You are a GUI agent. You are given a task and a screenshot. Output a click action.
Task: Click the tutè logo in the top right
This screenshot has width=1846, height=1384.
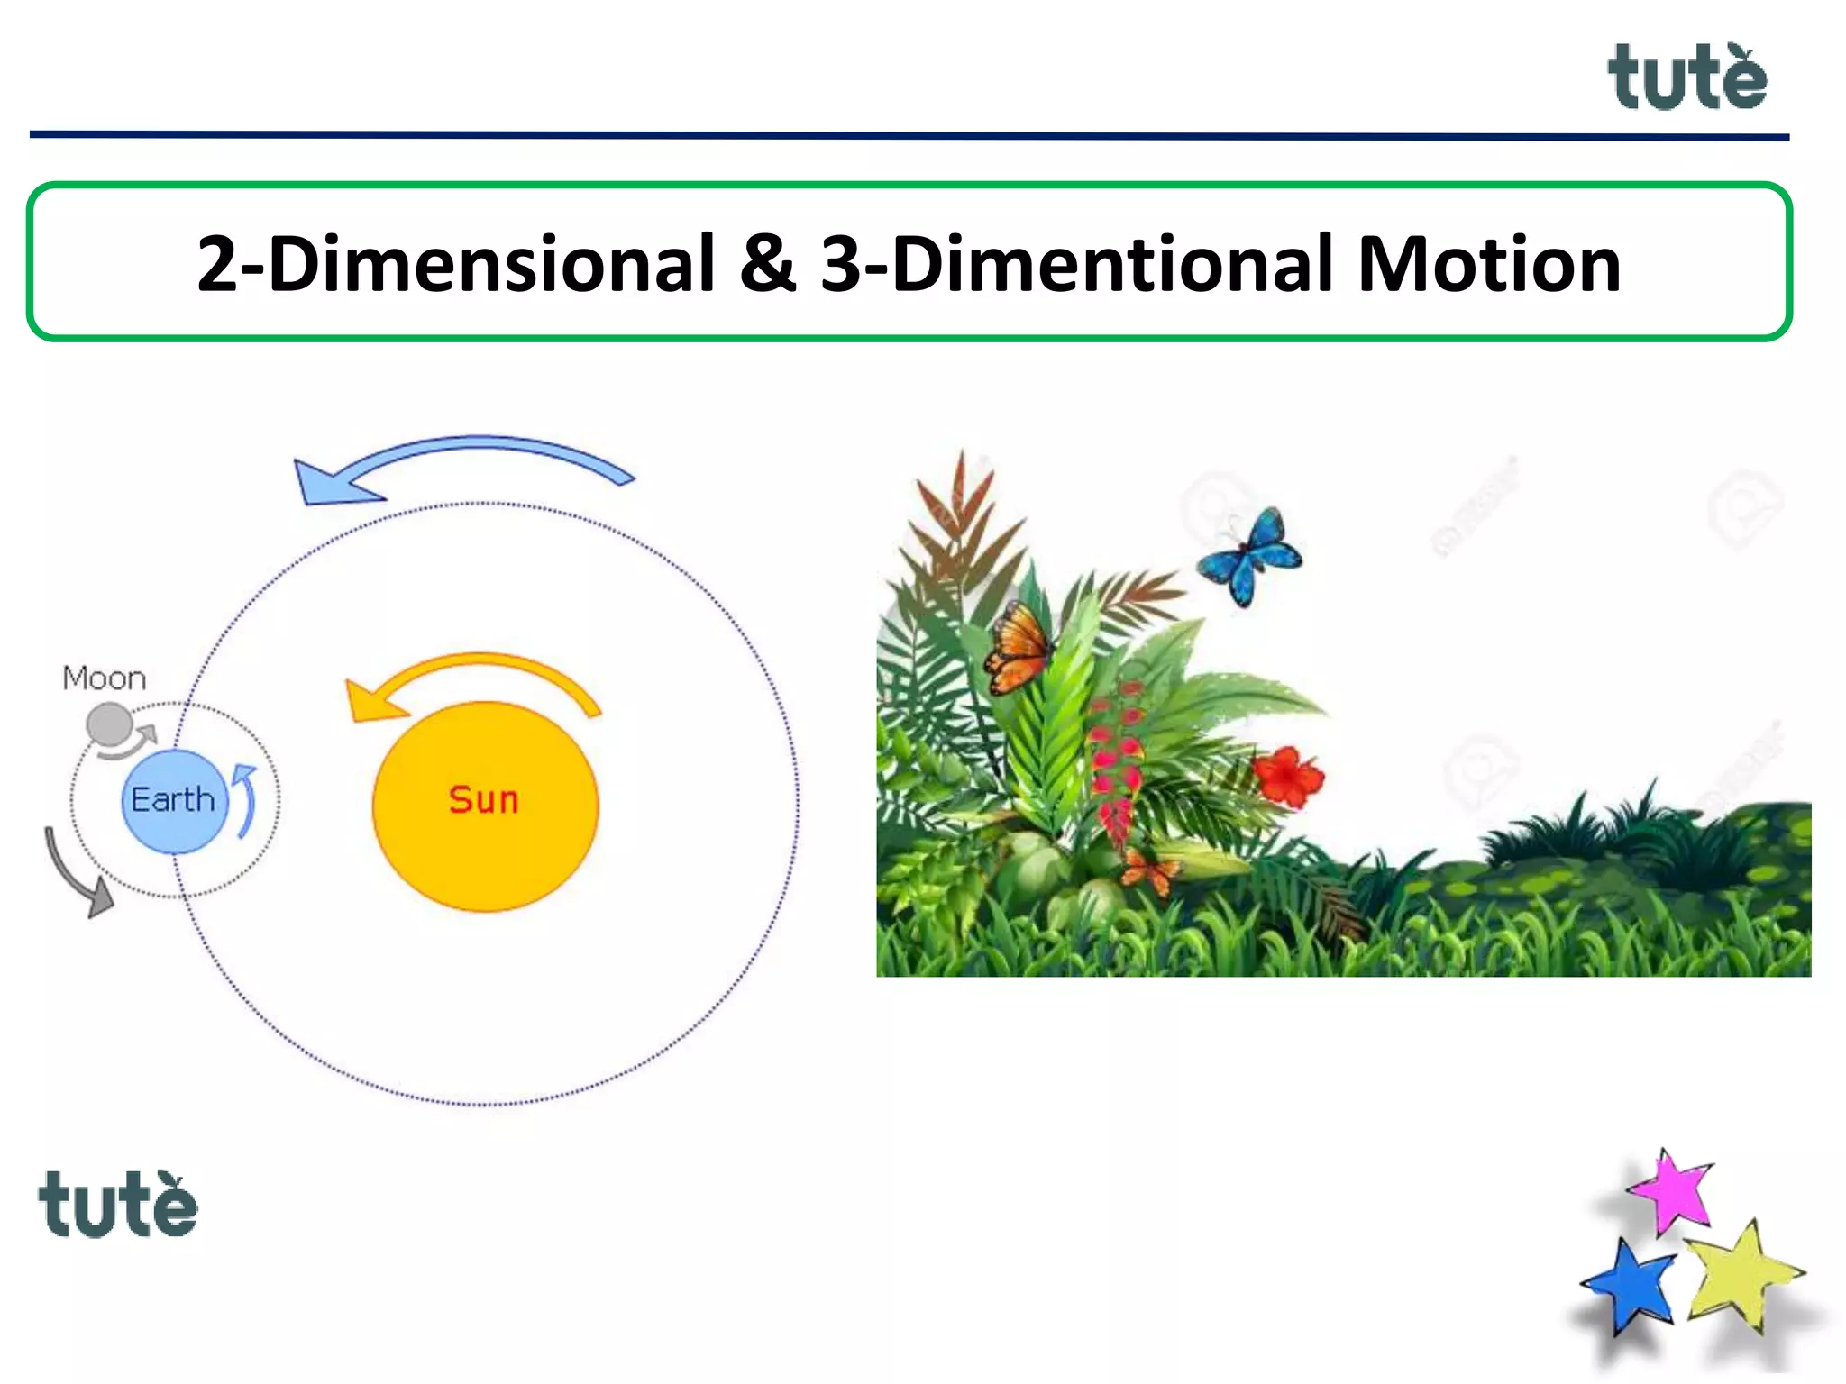coord(1686,78)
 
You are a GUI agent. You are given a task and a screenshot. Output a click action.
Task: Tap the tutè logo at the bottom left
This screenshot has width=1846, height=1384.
coord(117,1205)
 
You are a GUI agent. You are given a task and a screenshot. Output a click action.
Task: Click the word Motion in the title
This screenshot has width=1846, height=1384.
coord(1488,264)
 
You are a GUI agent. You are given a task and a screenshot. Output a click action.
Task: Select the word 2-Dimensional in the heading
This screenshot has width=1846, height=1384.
coord(455,264)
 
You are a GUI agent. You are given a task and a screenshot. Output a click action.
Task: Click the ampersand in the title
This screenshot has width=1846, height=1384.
coord(767,264)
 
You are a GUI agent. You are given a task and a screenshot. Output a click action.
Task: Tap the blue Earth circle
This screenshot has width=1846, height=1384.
coord(173,801)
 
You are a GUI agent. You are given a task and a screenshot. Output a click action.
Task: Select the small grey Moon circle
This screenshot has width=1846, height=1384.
coord(109,724)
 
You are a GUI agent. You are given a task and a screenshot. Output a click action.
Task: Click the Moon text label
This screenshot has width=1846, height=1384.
coord(104,678)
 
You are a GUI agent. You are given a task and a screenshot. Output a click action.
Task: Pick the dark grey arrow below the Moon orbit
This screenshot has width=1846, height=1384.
coord(78,875)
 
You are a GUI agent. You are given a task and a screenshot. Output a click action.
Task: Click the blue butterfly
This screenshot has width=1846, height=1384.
coord(1250,556)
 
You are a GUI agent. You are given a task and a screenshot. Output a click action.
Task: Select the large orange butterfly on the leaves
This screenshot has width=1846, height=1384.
coord(1019,646)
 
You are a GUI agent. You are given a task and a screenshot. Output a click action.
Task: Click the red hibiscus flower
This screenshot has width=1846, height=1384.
coord(1288,776)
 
